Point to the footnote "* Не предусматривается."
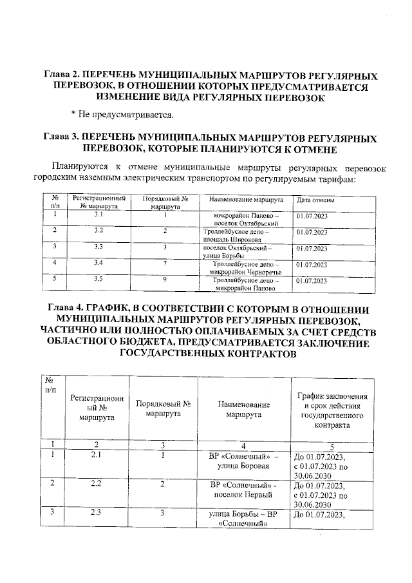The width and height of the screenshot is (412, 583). [122, 114]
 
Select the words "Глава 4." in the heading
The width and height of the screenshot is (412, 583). [63, 309]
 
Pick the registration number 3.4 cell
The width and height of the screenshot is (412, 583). [98, 263]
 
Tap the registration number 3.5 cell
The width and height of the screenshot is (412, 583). [98, 279]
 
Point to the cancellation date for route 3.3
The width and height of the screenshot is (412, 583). [312, 247]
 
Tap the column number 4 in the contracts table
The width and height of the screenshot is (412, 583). [243, 444]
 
